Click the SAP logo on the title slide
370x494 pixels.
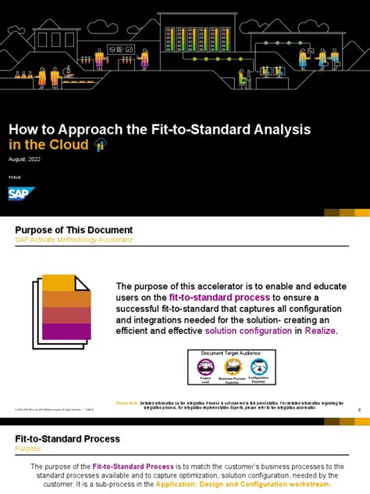coord(19,194)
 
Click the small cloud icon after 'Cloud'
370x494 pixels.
coord(99,145)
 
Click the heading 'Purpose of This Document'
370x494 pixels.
coord(74,230)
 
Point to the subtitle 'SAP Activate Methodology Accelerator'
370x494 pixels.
coord(74,240)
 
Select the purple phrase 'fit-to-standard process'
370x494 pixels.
coord(220,298)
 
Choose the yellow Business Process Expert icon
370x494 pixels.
coord(233,367)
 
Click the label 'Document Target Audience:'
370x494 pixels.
coord(231,353)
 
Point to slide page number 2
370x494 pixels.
coord(358,409)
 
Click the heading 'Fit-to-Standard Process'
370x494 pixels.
coord(68,439)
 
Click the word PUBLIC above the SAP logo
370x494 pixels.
coord(15,178)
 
